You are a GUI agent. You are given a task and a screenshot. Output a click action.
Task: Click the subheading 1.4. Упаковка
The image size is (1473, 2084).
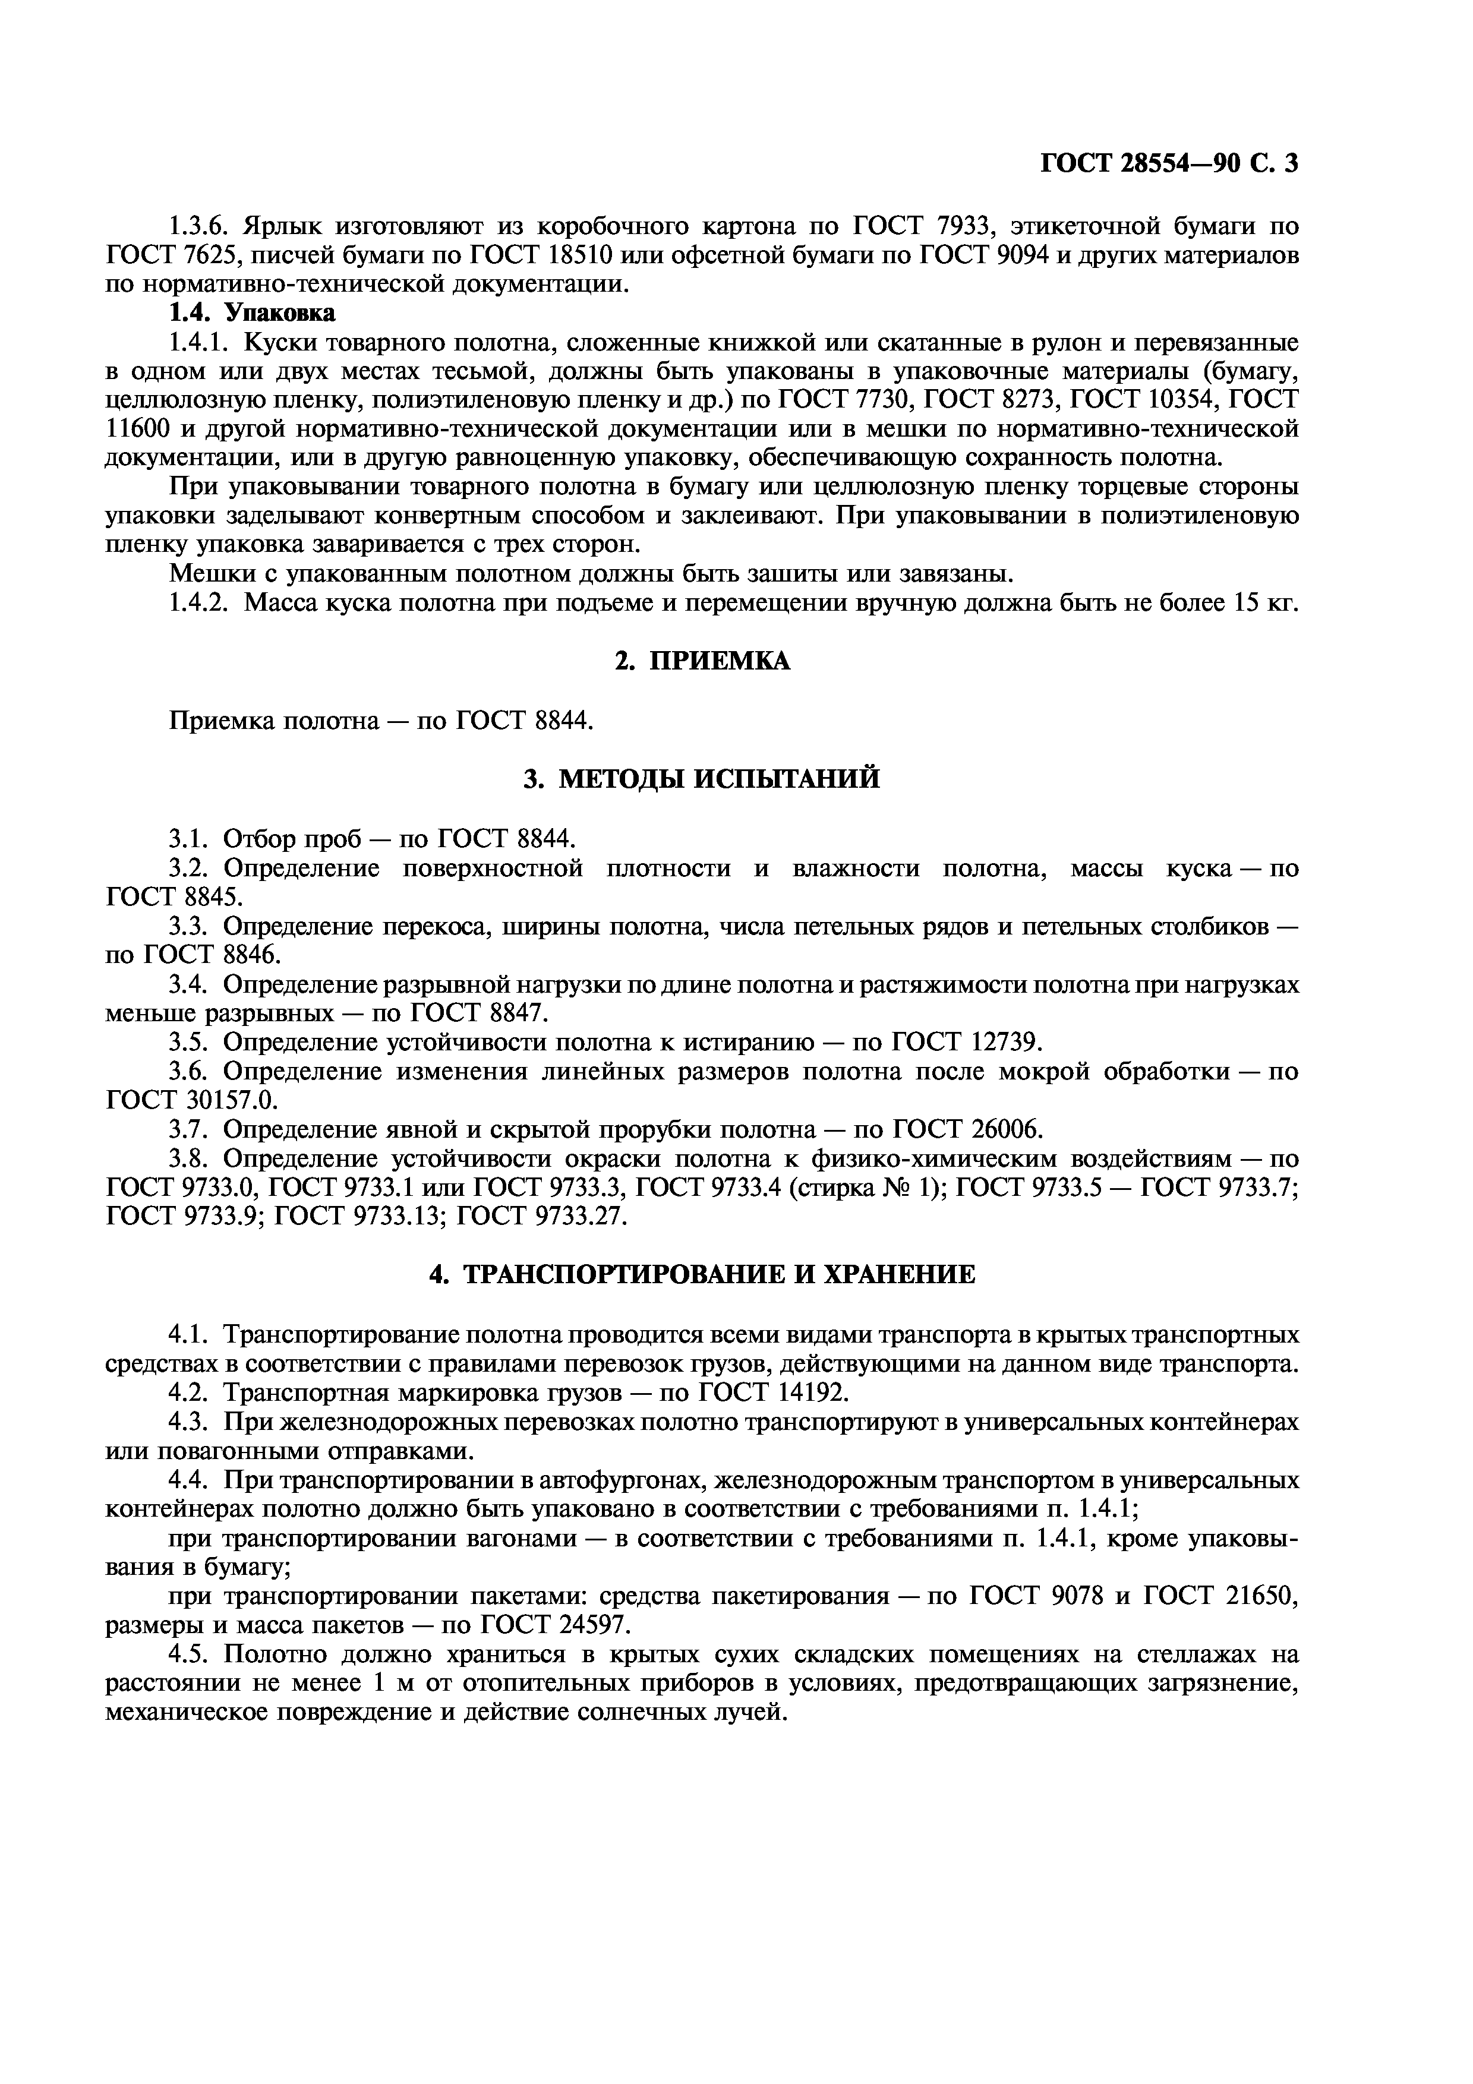(253, 313)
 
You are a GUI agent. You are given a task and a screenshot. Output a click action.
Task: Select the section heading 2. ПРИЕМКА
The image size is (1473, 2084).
(702, 662)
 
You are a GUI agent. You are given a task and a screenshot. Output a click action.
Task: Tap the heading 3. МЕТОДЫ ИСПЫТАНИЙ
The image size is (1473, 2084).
(702, 779)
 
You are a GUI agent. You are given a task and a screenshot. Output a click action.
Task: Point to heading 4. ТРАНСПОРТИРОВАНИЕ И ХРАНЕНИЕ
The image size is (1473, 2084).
(702, 1274)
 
